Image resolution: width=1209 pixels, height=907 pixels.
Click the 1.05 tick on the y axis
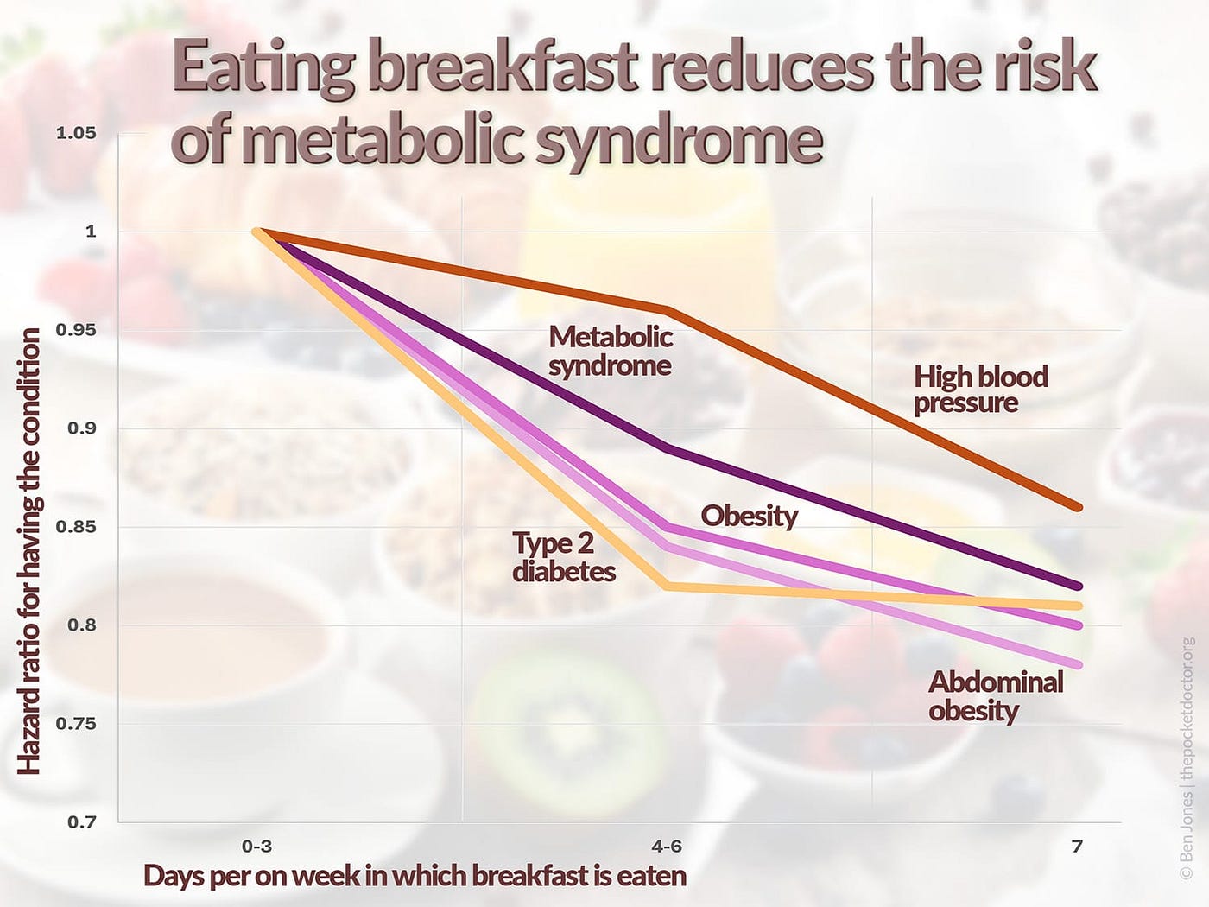76,133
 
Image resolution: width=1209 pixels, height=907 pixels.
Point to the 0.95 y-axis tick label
76,330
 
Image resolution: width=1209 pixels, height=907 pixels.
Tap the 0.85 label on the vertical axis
76,527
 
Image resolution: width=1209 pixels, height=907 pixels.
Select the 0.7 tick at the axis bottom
82,821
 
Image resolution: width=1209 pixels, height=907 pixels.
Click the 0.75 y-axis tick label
76,724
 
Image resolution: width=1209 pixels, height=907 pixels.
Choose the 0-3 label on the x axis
257,846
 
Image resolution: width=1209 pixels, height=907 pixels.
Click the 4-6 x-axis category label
665,846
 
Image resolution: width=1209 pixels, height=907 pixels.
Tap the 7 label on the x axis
1077,846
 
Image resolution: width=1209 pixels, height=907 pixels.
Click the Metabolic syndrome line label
610,351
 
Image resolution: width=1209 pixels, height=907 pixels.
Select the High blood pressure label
980,389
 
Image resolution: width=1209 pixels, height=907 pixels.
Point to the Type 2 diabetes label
564,557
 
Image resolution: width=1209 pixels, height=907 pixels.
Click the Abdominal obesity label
996,696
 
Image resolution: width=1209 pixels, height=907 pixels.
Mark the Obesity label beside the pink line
749,516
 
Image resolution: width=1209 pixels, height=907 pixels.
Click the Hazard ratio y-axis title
29,551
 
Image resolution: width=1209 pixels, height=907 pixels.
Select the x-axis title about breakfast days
415,875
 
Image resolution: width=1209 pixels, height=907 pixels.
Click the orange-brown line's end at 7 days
1077,507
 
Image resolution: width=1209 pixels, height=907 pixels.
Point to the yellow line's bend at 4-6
665,587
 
